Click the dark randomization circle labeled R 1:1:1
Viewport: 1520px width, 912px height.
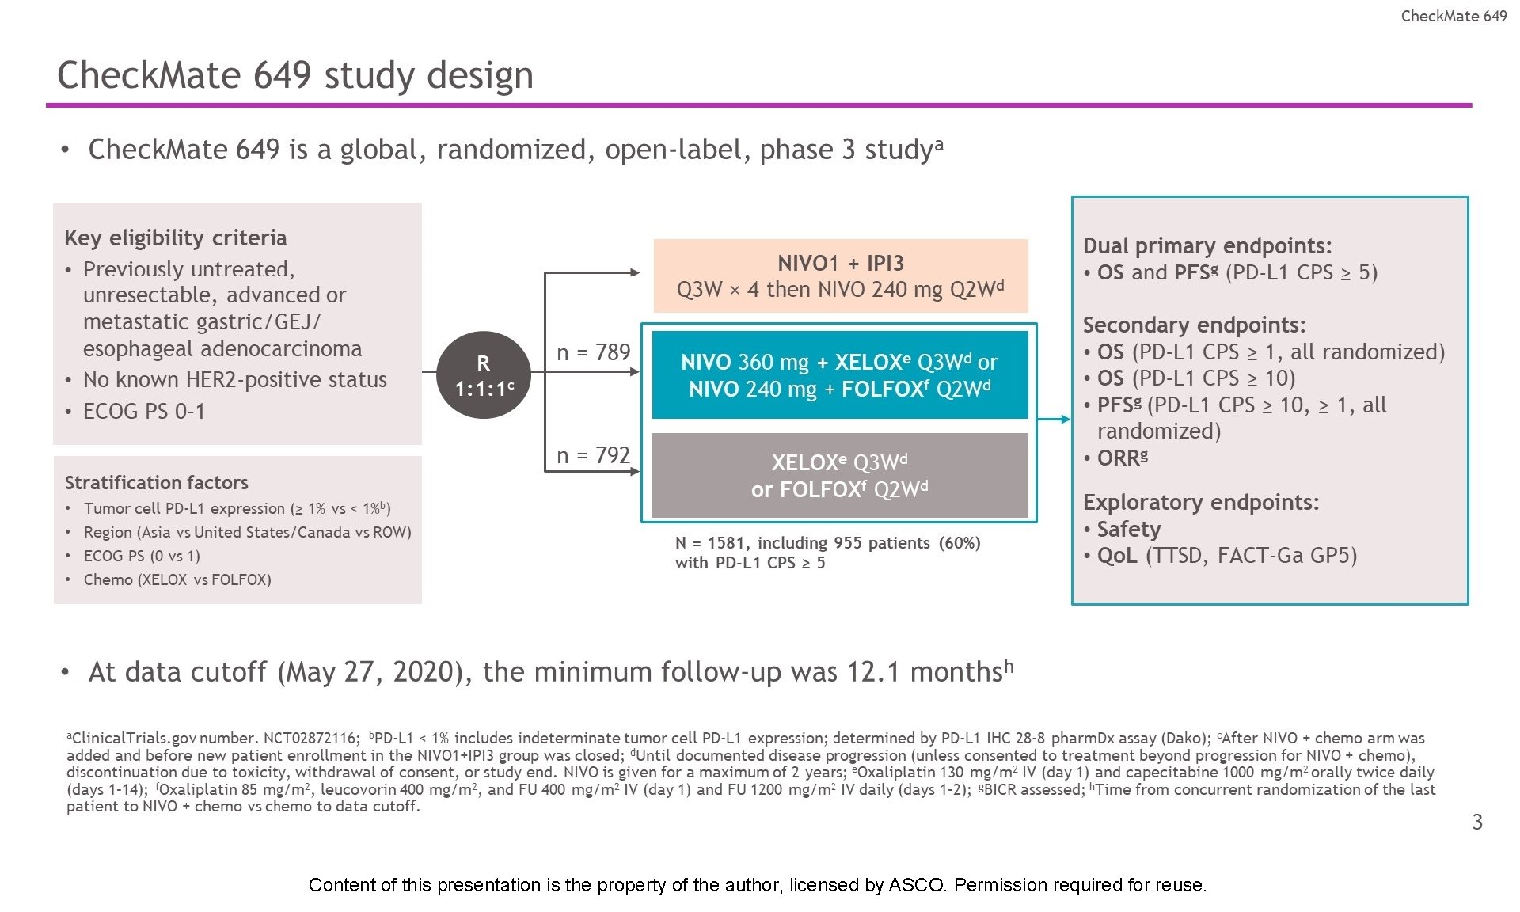[x=483, y=374]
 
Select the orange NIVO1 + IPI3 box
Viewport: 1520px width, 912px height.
[x=840, y=275]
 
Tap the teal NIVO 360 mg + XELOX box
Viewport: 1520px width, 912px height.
[x=839, y=374]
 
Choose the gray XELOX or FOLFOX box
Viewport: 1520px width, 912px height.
[x=839, y=475]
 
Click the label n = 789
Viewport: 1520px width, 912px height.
[x=593, y=352]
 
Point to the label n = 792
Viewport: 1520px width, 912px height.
[x=593, y=455]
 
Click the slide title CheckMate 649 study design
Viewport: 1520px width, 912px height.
[x=295, y=75]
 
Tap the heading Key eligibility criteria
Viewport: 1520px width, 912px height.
[x=175, y=237]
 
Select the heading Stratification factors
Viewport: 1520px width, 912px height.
[x=156, y=482]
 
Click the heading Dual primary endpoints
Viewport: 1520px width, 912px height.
[x=1207, y=245]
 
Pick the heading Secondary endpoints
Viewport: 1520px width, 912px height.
[x=1194, y=325]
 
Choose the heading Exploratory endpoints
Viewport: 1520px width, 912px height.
[x=1201, y=502]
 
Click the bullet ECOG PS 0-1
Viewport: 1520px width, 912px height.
[x=143, y=411]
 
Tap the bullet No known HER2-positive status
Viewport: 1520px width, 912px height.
[x=234, y=379]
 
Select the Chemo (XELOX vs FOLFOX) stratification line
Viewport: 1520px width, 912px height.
[x=177, y=579]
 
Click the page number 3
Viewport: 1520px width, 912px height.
[x=1477, y=822]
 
